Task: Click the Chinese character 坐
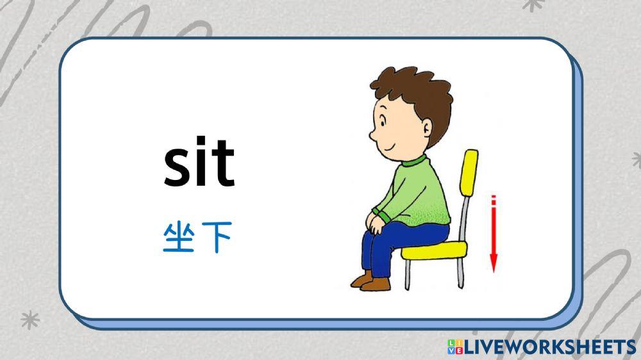pos(178,238)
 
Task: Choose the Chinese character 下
pos(216,238)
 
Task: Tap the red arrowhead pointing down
pos(494,263)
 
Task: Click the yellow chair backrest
pos(470,173)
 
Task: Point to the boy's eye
pos(383,120)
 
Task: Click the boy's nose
pos(372,135)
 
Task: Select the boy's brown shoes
pos(372,282)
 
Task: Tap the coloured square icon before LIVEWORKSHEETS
pos(455,347)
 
